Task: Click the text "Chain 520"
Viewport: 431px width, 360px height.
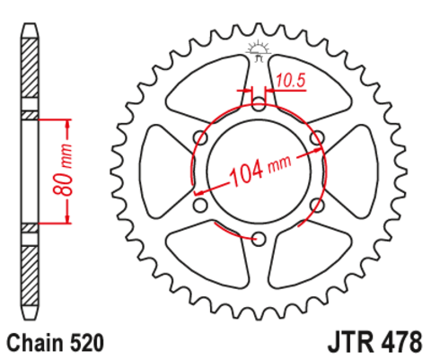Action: pos(56,342)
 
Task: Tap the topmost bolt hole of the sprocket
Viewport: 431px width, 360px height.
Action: pos(259,101)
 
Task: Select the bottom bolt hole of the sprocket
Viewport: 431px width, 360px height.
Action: pos(259,238)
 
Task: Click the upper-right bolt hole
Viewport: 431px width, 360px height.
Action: pos(317,136)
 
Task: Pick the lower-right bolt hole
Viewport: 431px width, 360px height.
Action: pos(317,205)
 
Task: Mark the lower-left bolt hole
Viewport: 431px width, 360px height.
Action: pos(199,205)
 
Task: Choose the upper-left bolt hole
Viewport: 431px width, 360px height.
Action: pos(199,136)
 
